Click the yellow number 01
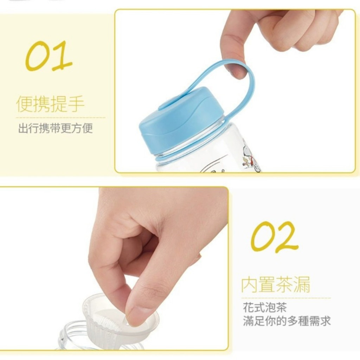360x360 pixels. coord(49,56)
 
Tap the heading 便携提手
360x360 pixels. coord(50,104)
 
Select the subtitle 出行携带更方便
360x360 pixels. coord(56,128)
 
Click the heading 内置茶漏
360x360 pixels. coord(276,284)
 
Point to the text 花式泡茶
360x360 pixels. coord(265,307)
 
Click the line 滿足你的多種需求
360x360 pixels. coord(287,321)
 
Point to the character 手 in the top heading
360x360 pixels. coord(76,104)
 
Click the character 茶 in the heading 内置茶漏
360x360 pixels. coord(284,284)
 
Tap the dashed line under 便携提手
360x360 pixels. coord(60,117)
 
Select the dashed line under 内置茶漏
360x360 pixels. coord(286,298)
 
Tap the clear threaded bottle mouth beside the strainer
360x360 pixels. coord(69,337)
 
